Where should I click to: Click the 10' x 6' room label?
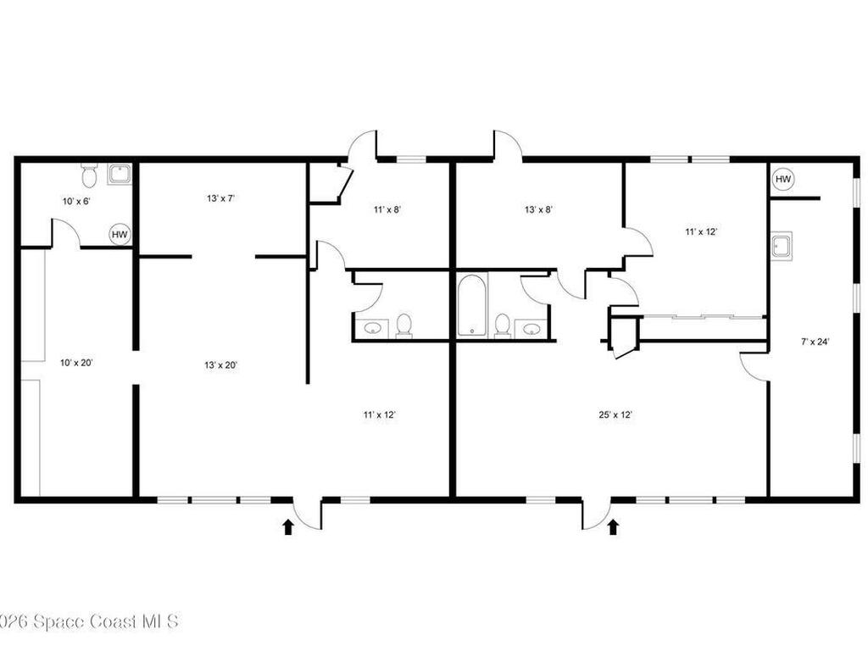tap(75, 201)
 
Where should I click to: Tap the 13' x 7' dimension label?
tap(220, 198)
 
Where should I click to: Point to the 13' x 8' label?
tap(538, 209)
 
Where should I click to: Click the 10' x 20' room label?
tap(77, 363)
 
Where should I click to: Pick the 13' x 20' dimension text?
tap(220, 365)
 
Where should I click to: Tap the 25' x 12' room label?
tap(615, 415)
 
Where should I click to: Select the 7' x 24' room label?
tap(815, 342)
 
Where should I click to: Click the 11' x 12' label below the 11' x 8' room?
tap(380, 415)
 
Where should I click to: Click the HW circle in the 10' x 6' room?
tap(120, 235)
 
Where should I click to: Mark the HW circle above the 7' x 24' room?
tap(782, 180)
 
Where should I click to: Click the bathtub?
tap(470, 304)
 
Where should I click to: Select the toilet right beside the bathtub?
tap(502, 325)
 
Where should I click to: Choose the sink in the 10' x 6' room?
tap(120, 175)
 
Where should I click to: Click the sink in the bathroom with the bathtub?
tap(531, 328)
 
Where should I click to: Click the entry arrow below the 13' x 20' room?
tap(287, 527)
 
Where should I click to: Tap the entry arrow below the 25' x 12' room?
tap(613, 527)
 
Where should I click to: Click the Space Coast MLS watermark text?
tap(88, 621)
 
